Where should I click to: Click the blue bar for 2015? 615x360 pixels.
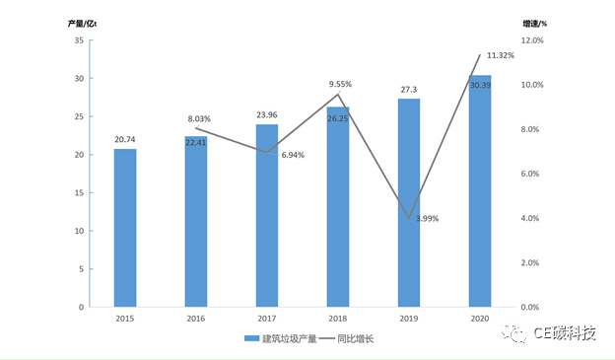point(125,228)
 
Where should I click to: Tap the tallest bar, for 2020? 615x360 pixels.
point(480,191)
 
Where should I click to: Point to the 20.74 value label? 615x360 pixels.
point(125,140)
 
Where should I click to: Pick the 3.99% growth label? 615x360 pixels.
point(428,217)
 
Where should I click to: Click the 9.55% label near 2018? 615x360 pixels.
point(340,85)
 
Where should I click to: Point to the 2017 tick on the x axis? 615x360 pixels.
point(267,320)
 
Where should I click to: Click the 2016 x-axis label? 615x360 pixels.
point(196,320)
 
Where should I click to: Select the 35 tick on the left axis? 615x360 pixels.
point(78,40)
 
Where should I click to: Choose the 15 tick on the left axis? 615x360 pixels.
point(78,193)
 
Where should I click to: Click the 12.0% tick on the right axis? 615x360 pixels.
point(532,40)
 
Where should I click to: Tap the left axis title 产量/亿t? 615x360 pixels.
point(84,22)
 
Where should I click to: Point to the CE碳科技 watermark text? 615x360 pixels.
point(565,333)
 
